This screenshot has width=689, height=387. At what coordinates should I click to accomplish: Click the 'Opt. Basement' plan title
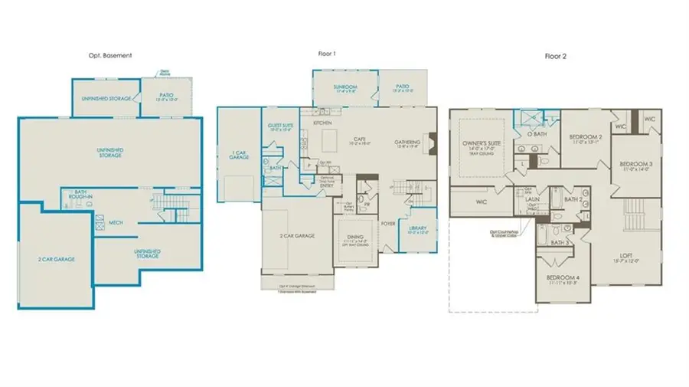110,56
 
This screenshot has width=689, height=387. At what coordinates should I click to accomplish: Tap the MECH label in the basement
116,222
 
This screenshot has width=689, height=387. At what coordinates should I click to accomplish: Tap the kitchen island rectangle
330,140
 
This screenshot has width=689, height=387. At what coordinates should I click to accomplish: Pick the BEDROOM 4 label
563,279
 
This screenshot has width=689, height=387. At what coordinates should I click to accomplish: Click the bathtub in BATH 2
580,216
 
